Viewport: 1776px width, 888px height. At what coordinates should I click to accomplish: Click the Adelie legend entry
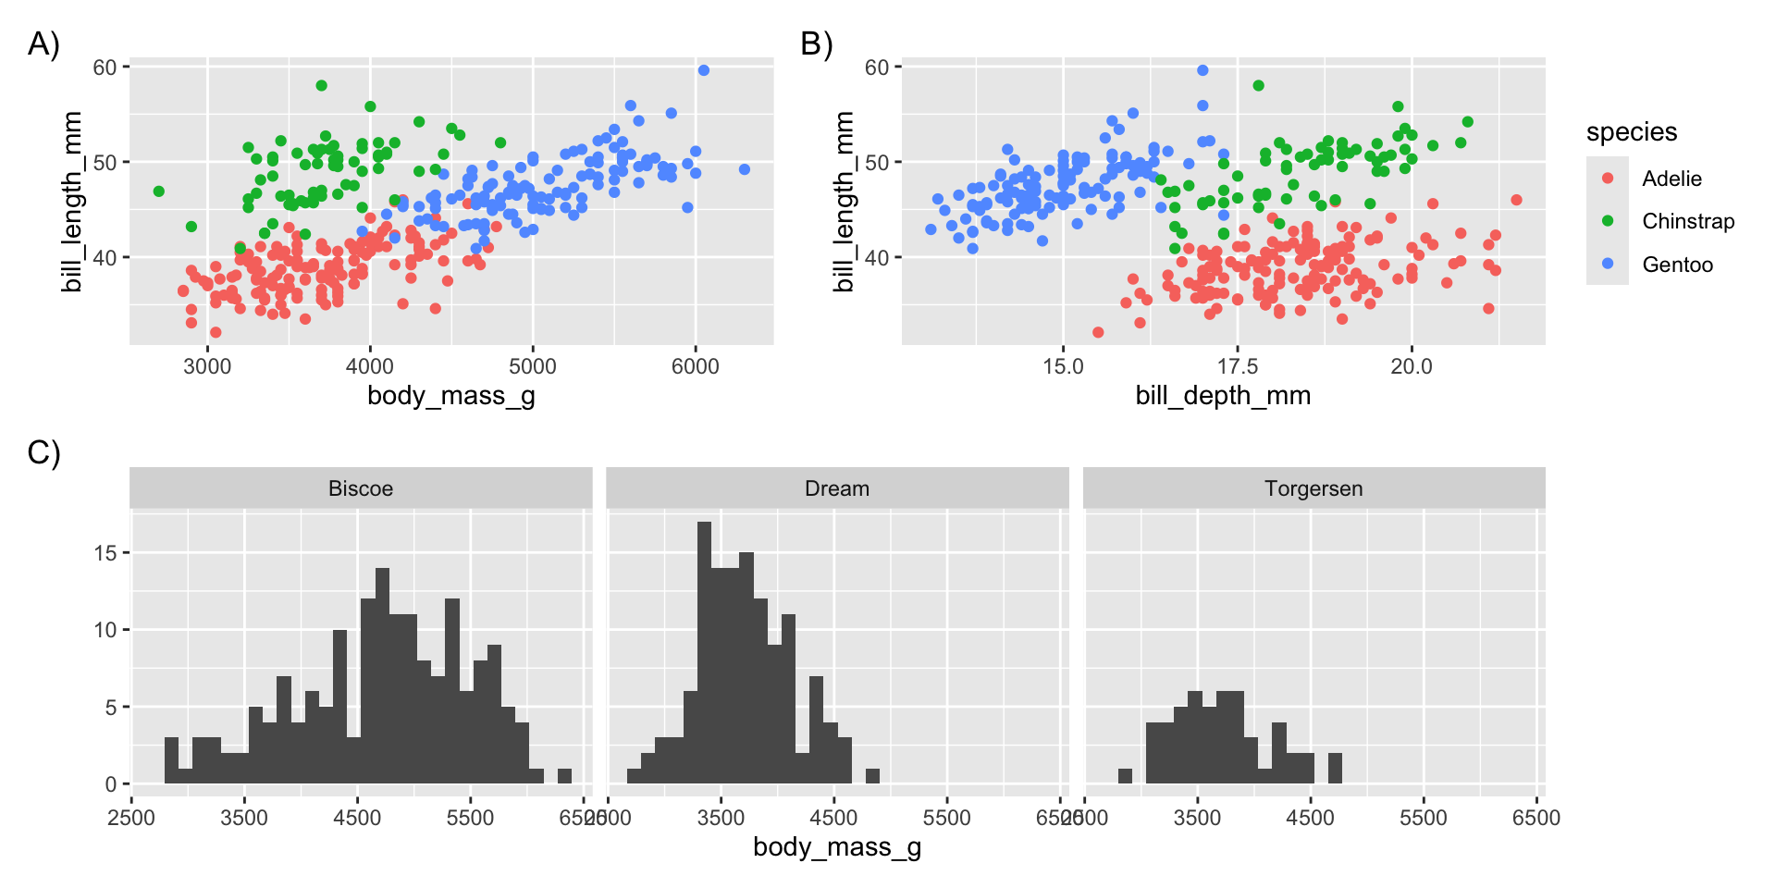point(1671,179)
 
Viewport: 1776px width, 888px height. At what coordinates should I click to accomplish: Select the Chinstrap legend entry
point(1687,221)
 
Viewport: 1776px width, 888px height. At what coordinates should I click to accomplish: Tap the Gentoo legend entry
point(1676,265)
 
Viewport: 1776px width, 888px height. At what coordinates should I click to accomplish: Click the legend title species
point(1631,132)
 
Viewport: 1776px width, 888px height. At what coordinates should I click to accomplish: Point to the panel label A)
point(43,43)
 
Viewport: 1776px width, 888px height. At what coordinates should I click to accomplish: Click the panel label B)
point(816,43)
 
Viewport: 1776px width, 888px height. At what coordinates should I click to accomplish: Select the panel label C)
point(43,452)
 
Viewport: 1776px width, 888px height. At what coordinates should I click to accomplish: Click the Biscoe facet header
point(361,488)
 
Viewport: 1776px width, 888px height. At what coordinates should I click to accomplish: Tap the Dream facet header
point(837,488)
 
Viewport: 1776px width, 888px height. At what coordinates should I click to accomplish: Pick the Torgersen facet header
point(1313,488)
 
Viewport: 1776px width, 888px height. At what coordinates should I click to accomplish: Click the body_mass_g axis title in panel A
point(451,396)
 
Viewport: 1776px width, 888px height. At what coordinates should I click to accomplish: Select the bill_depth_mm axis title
point(1223,396)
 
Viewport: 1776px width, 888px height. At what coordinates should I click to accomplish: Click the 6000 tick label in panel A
point(695,366)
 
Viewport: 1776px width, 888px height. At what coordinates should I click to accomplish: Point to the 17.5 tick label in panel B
point(1237,366)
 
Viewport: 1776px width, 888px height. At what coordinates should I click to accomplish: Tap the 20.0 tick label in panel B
point(1411,366)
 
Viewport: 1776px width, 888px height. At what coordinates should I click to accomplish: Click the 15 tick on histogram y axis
point(105,553)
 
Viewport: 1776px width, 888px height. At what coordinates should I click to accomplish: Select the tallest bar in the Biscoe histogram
point(382,675)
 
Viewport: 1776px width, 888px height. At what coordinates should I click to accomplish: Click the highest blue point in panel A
point(703,70)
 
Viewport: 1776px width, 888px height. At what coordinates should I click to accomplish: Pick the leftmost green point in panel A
point(159,191)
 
